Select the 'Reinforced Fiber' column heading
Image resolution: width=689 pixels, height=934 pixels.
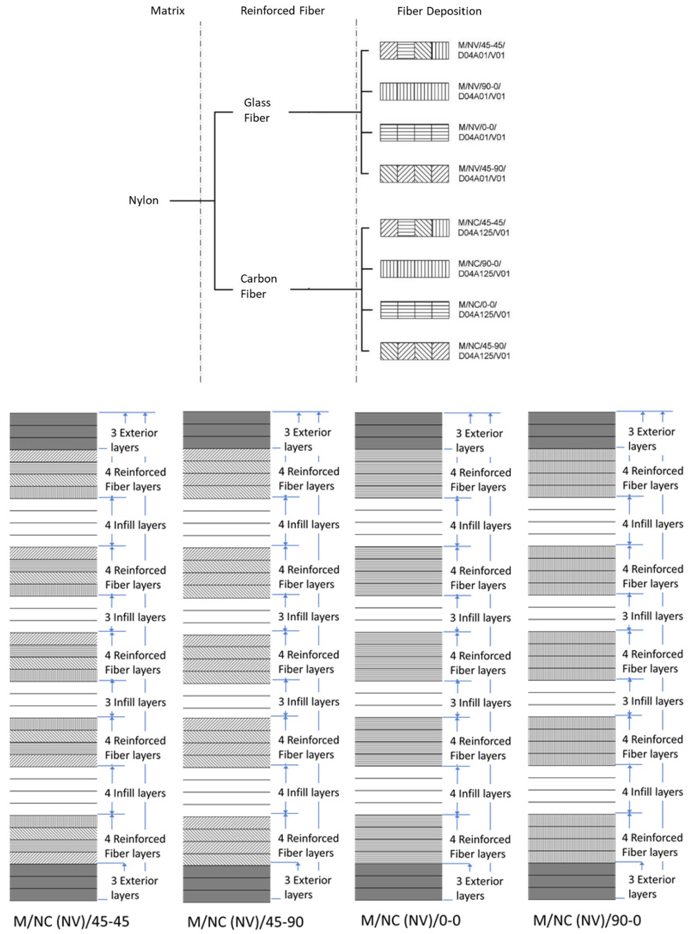[282, 11]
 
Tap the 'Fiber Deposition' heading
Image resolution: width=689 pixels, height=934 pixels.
[439, 11]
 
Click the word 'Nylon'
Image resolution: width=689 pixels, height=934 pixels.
[144, 201]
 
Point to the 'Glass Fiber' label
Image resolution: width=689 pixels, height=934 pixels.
[257, 110]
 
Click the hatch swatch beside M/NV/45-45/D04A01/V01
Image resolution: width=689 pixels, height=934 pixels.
[414, 51]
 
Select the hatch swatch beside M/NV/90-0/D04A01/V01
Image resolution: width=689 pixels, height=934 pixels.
[414, 91]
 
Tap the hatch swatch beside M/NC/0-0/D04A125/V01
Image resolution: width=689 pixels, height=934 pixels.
[415, 310]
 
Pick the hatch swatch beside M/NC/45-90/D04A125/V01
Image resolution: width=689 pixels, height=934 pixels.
[415, 351]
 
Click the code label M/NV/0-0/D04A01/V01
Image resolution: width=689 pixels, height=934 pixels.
[482, 132]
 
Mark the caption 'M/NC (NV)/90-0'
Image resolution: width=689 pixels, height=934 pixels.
[587, 920]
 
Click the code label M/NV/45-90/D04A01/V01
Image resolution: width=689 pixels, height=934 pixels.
[482, 173]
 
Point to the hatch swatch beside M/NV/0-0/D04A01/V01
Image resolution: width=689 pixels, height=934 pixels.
[414, 133]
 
